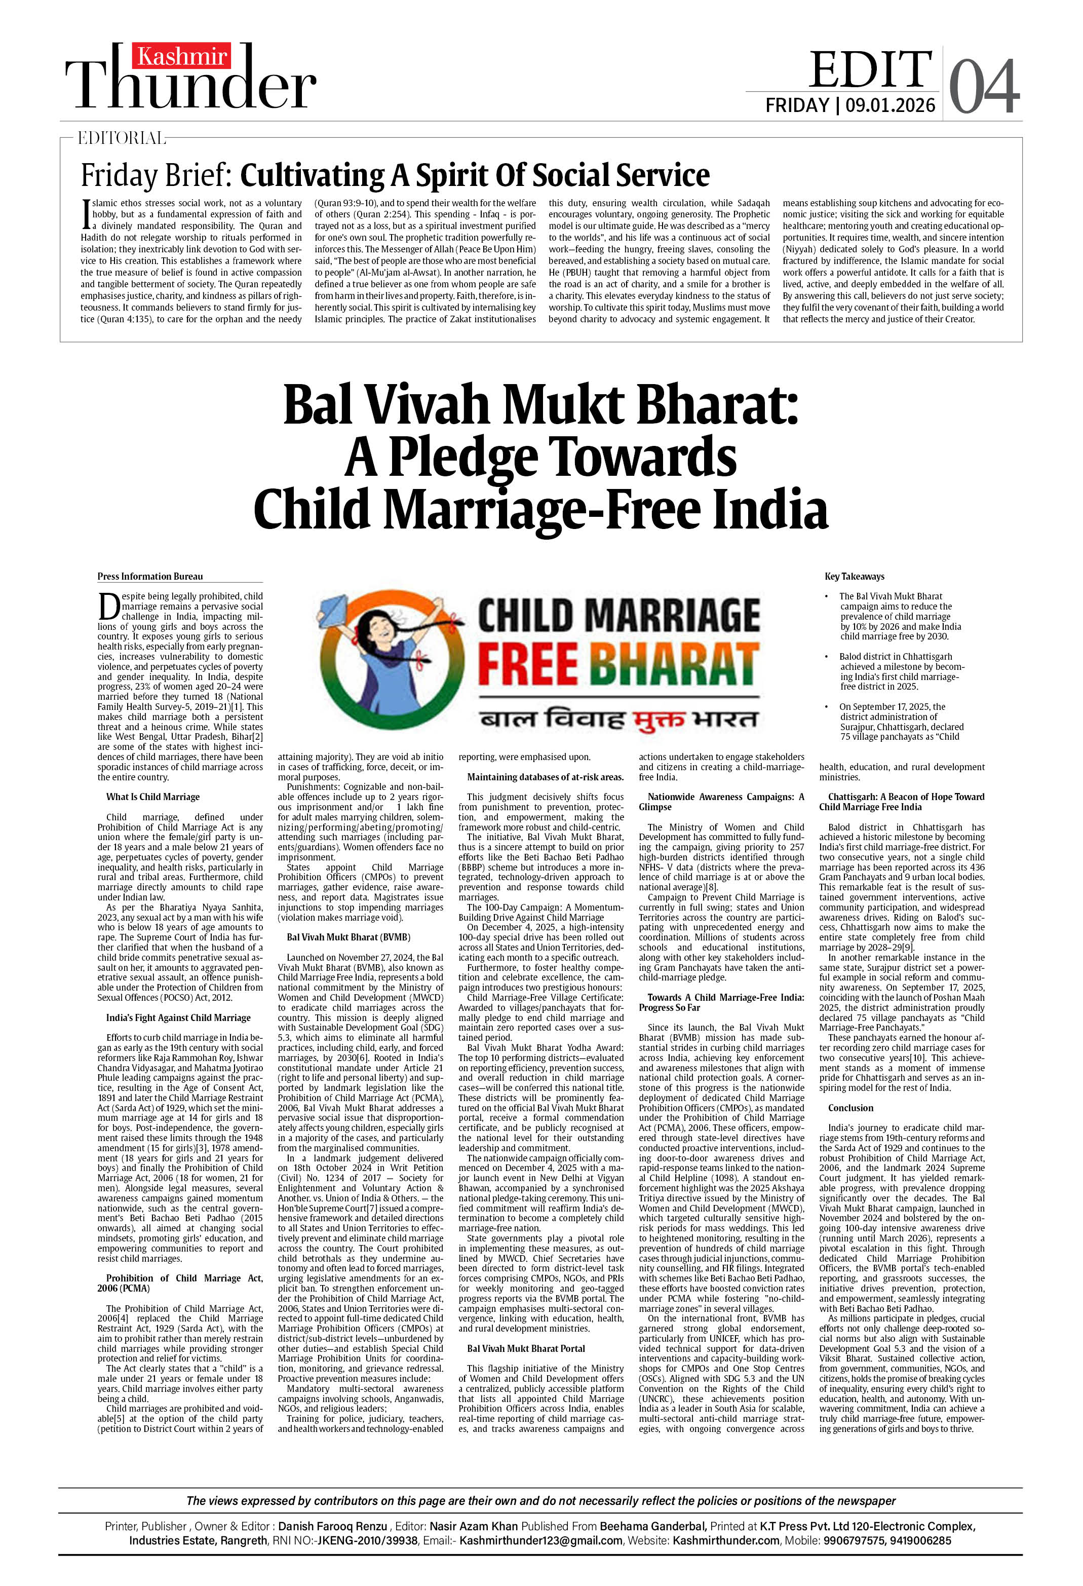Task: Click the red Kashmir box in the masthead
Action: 181,56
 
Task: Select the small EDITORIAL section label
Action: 122,138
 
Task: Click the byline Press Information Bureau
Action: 150,577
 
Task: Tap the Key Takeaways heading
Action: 855,577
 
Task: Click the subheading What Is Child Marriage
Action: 153,797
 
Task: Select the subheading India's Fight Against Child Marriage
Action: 178,1017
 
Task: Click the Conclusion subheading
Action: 850,1108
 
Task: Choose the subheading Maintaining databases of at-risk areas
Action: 545,777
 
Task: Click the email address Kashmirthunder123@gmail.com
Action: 540,1540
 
